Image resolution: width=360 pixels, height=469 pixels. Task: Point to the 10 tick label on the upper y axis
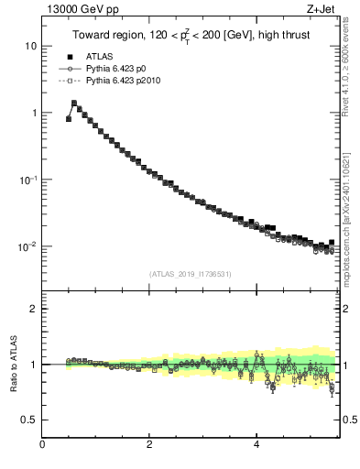pos(31,46)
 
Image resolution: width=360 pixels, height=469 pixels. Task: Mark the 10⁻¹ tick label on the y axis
pos(28,180)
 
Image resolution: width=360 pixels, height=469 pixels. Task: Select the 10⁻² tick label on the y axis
pos(28,246)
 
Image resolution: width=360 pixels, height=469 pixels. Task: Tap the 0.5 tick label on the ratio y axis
pos(30,420)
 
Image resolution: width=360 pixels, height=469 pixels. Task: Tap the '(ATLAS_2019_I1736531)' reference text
pos(190,274)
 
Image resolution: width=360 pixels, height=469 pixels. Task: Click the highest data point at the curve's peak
pos(74,104)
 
